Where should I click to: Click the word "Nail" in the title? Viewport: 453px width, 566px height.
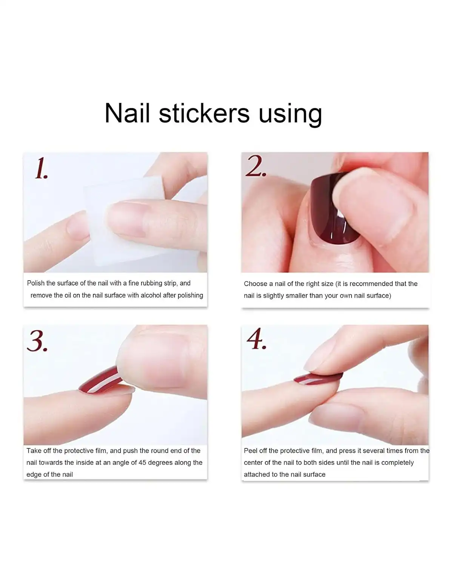(127, 113)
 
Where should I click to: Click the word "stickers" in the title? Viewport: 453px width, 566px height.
(204, 113)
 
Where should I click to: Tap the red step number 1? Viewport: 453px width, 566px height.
(41, 169)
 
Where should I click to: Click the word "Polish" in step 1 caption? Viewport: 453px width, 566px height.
(36, 283)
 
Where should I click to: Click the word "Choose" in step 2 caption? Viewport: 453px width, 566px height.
(255, 284)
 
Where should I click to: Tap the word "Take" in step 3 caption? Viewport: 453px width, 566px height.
(33, 451)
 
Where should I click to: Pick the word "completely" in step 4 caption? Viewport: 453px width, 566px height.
(398, 463)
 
